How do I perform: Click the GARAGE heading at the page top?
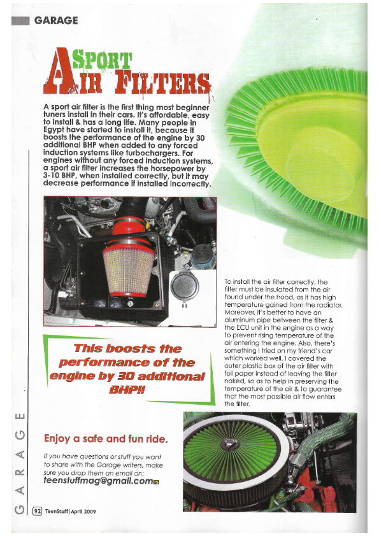(56, 20)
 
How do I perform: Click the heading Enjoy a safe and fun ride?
(106, 439)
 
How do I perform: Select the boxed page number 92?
(38, 511)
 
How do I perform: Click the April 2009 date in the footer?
(83, 511)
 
